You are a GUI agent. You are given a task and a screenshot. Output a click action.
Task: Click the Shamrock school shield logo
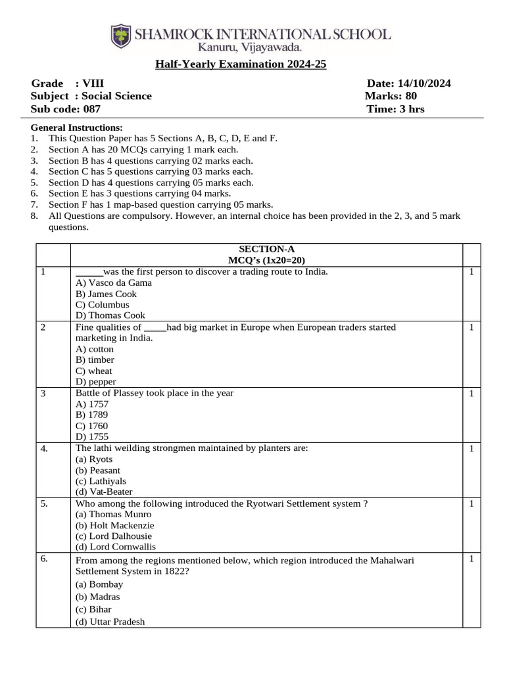[x=121, y=36]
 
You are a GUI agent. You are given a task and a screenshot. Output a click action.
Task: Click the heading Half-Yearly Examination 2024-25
[x=241, y=64]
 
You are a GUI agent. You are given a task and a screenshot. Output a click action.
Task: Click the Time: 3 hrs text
[x=395, y=109]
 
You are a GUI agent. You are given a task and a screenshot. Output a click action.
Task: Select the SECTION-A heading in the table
[x=266, y=248]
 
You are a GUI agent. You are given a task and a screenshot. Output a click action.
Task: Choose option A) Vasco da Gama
[x=114, y=283]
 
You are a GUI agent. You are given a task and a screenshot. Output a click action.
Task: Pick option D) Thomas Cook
[x=110, y=315]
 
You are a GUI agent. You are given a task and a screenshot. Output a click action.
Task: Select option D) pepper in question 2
[x=96, y=381]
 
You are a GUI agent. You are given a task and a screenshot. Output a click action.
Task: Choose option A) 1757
[x=92, y=404]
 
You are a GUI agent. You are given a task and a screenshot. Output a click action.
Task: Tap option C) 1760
[x=92, y=426]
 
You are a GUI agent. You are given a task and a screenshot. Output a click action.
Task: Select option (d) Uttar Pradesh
[x=110, y=622]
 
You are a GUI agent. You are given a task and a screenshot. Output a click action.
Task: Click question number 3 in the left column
[x=43, y=394]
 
